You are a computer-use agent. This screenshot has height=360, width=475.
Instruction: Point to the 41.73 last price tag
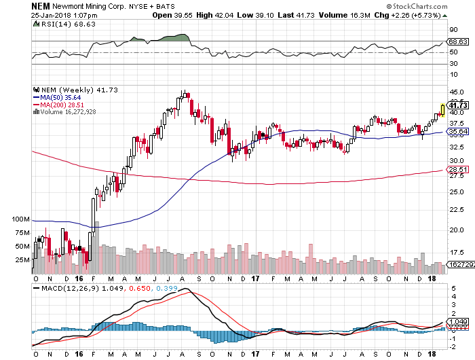[x=459, y=105]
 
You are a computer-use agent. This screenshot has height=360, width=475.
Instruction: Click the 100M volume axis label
[x=22, y=220]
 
